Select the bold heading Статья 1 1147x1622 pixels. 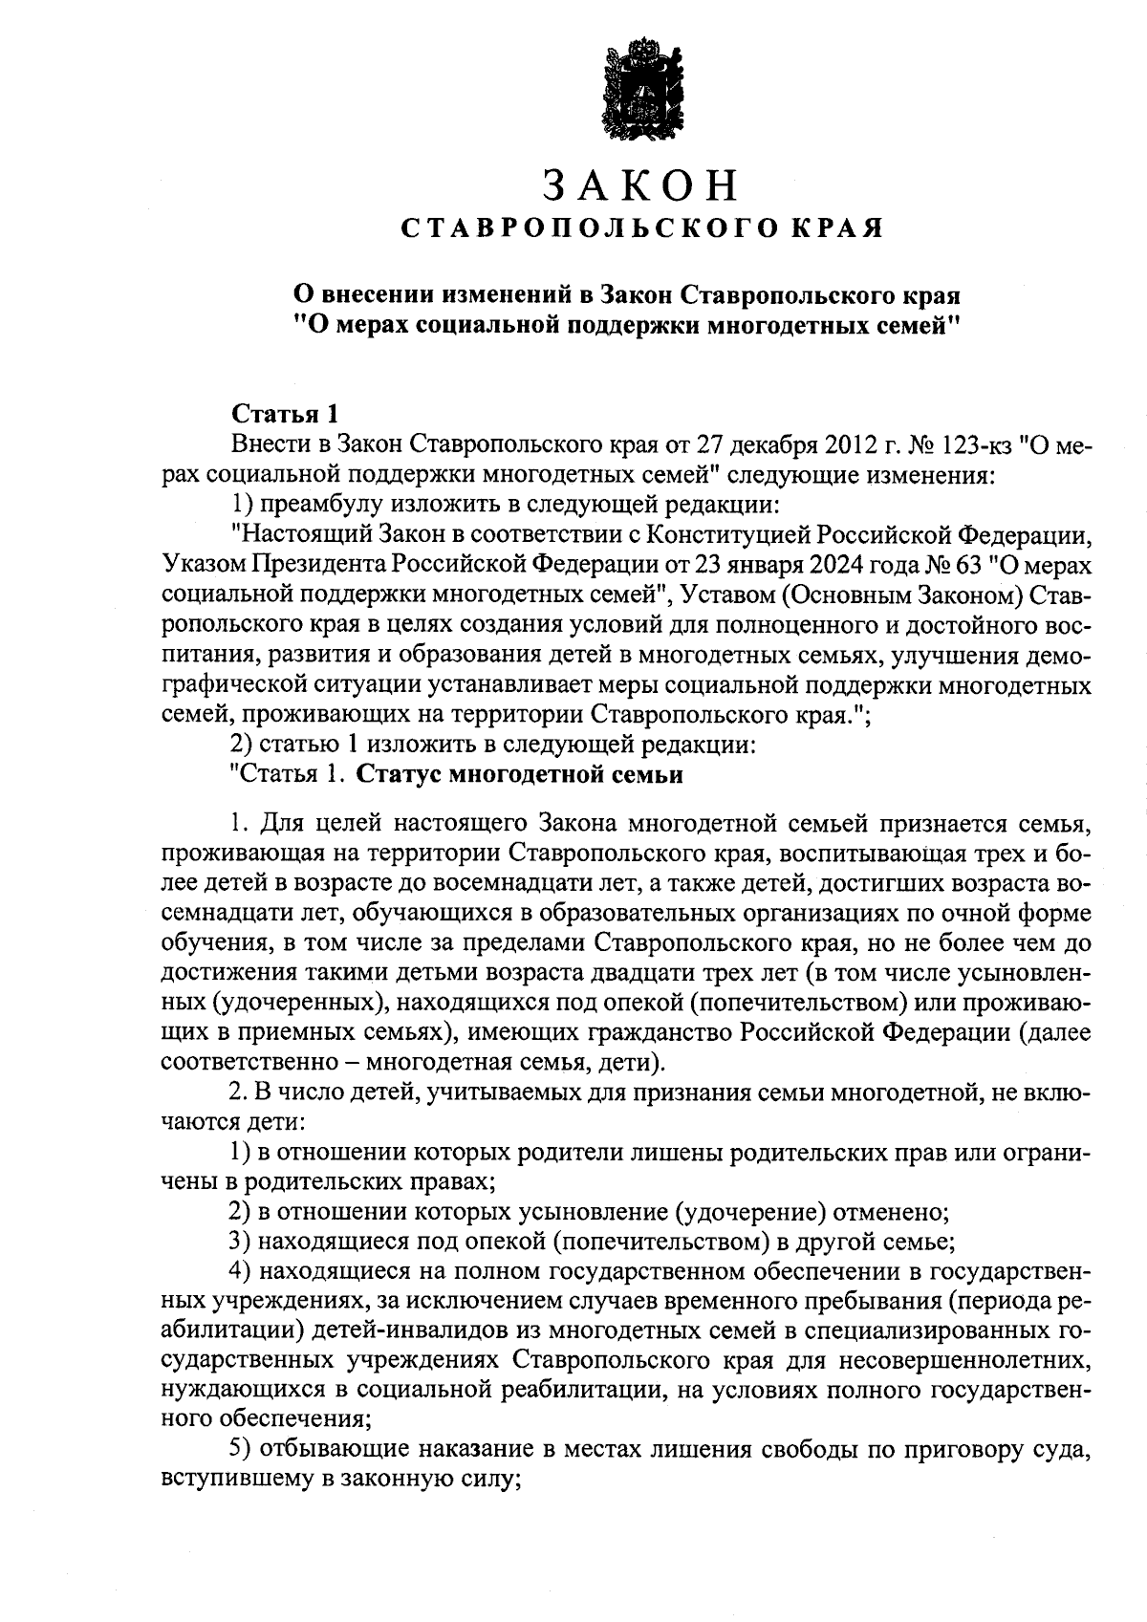click(285, 415)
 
